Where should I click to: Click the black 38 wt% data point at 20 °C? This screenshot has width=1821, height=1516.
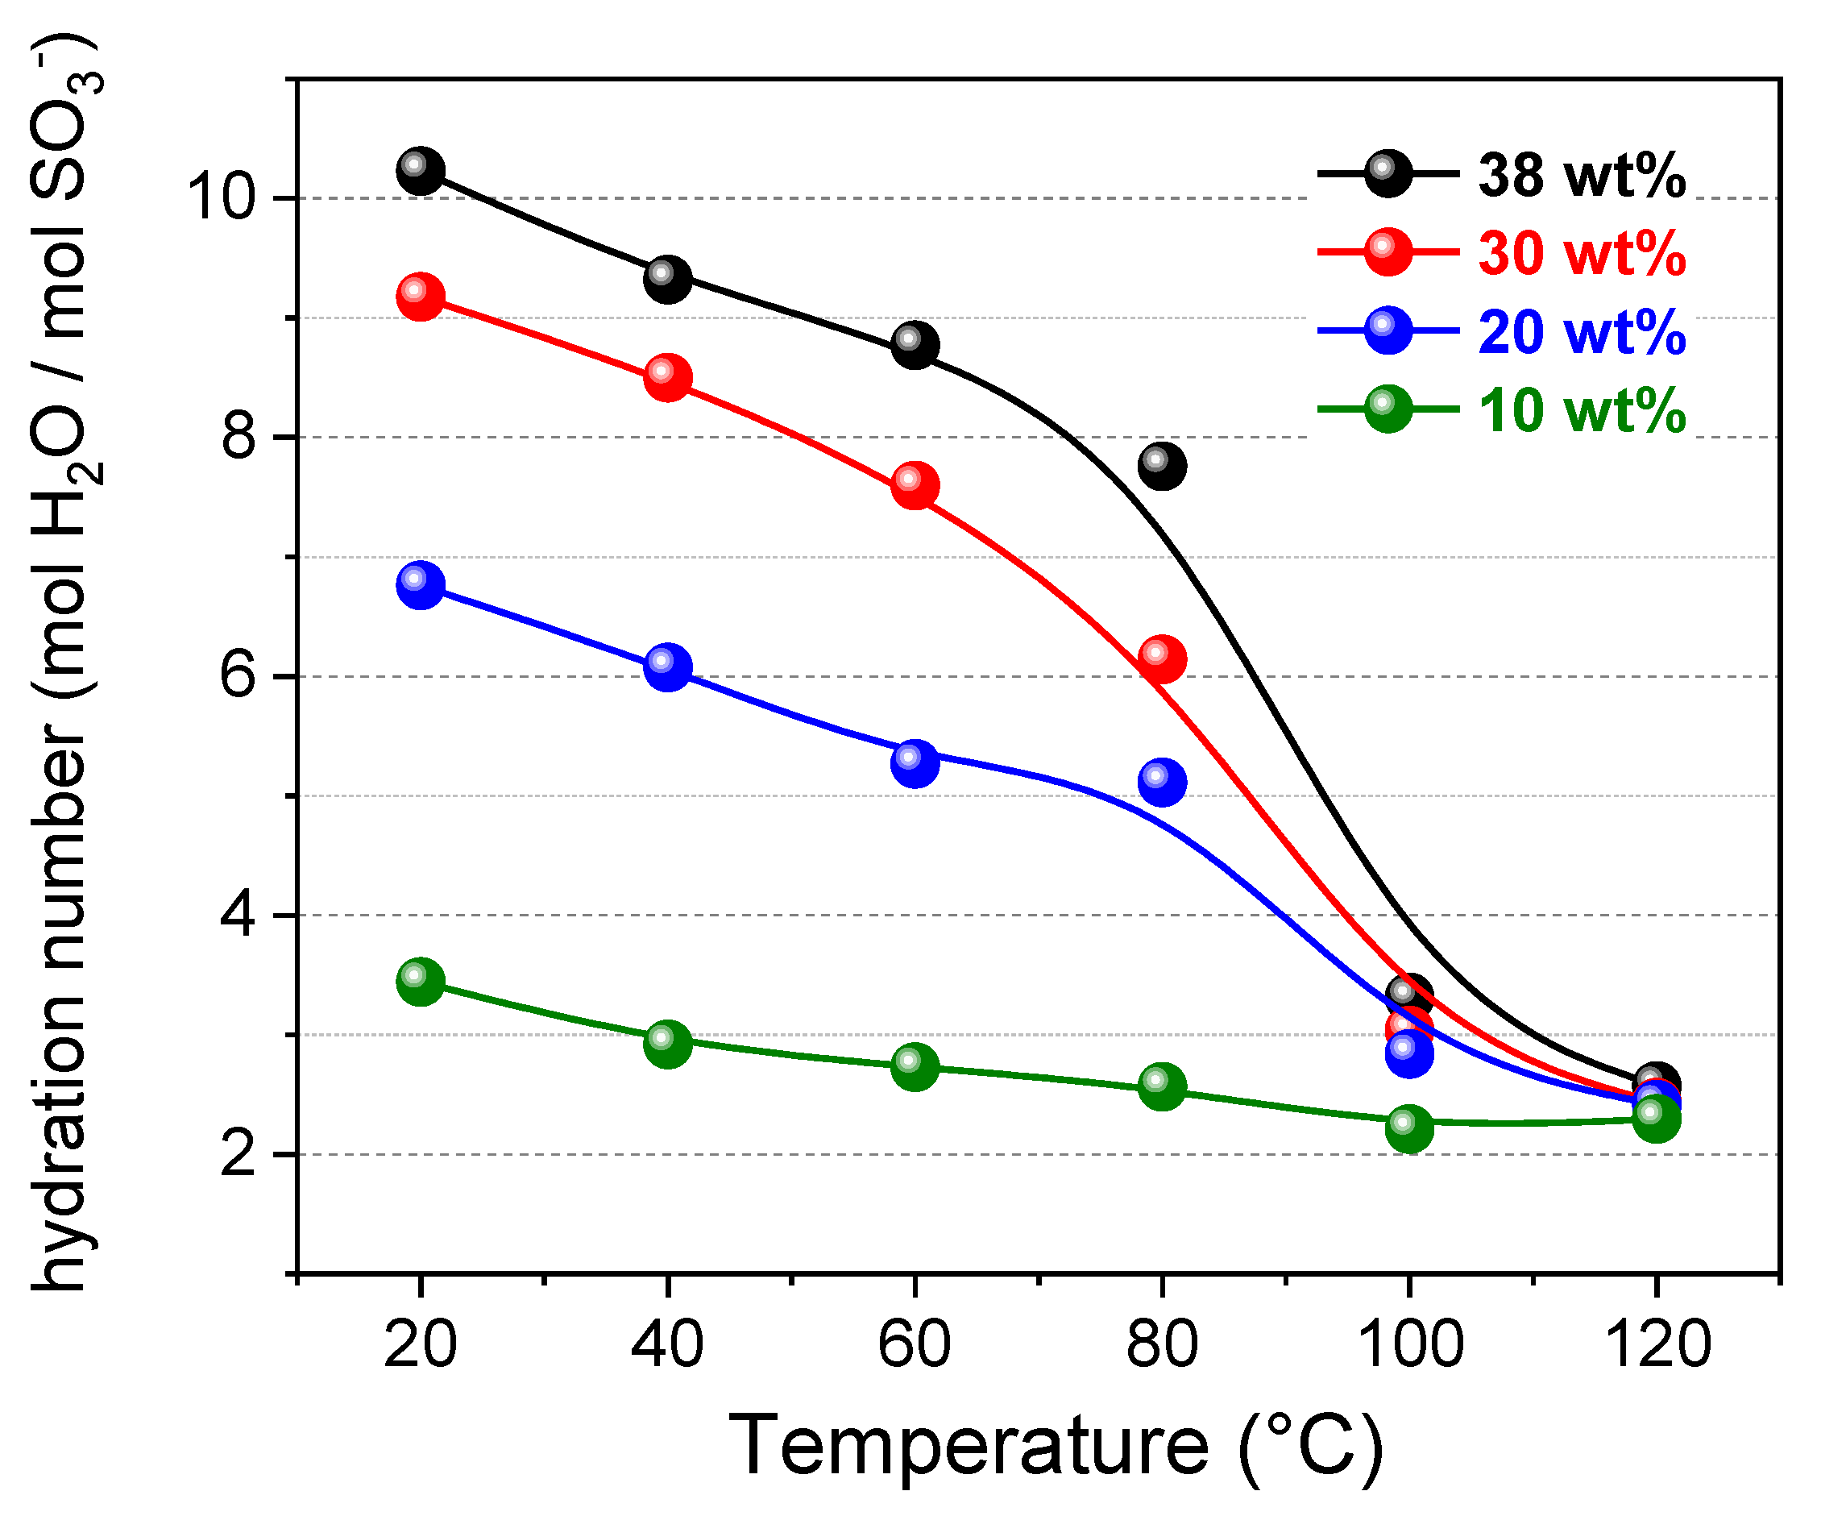click(x=421, y=171)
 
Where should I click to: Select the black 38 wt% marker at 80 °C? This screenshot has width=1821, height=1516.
click(x=1162, y=466)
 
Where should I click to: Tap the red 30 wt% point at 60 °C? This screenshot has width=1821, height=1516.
click(x=915, y=486)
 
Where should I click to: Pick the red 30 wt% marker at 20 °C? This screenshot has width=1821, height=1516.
click(x=421, y=297)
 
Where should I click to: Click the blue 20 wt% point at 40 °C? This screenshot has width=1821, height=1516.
click(x=668, y=667)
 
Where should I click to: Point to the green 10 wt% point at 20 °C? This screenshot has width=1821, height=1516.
click(x=421, y=982)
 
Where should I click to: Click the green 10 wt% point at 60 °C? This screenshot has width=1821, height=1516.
click(x=915, y=1067)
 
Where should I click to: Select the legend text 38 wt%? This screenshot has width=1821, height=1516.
click(x=1582, y=176)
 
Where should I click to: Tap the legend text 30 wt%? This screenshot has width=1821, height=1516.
click(x=1582, y=254)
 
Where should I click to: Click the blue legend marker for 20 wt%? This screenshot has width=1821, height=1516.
click(x=1388, y=330)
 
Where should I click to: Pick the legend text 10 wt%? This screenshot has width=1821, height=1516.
click(x=1582, y=410)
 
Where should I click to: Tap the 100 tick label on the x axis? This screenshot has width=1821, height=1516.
click(x=1409, y=1344)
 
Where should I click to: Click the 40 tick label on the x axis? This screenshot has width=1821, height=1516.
click(x=667, y=1344)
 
